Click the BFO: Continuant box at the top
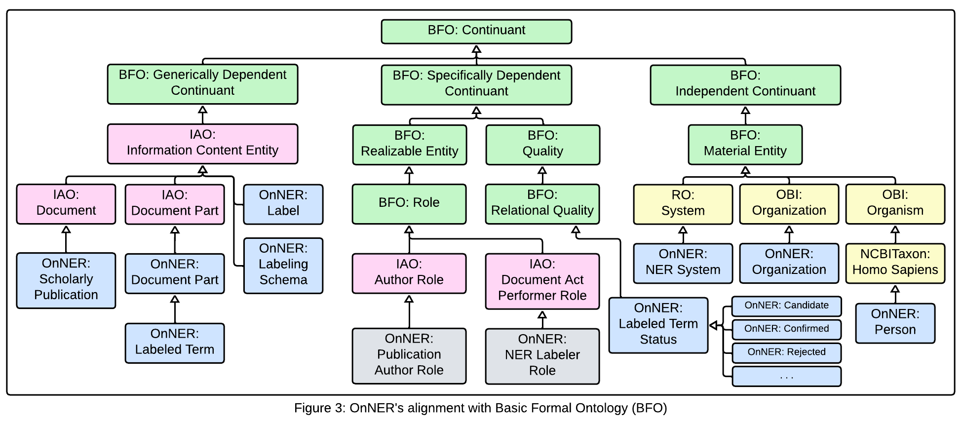click(476, 32)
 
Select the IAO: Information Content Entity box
click(202, 144)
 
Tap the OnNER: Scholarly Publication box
click(66, 280)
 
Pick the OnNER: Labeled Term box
click(174, 343)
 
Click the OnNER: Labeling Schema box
click(283, 266)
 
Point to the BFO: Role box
click(409, 204)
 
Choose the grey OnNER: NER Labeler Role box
click(542, 356)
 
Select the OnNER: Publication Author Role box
click(409, 355)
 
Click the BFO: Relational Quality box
click(542, 204)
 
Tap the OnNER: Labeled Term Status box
click(658, 325)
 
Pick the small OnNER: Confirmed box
click(786, 329)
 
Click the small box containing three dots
click(786, 377)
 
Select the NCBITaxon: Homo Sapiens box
click(895, 263)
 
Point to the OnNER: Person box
click(895, 323)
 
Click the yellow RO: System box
click(683, 204)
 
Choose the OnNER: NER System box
click(683, 263)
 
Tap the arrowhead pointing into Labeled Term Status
click(713, 325)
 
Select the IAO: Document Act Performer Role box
click(542, 281)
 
